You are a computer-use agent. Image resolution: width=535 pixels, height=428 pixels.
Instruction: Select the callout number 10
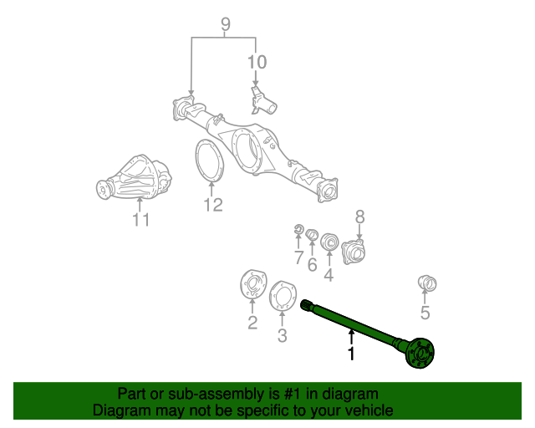[x=256, y=61]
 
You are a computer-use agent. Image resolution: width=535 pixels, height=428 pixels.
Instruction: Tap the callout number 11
[x=140, y=220]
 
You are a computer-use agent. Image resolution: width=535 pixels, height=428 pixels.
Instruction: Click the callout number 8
[x=359, y=217]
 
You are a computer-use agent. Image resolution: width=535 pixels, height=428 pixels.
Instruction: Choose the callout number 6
[x=312, y=265]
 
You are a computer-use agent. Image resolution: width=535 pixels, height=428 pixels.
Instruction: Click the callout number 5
[x=425, y=313]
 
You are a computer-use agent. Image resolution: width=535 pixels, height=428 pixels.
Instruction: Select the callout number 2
[x=252, y=323]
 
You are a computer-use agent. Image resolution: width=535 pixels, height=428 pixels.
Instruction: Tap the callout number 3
[x=282, y=335]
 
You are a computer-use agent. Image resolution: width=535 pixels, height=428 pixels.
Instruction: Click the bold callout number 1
[x=351, y=354]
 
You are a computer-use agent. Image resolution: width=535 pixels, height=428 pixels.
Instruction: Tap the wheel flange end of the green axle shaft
[x=419, y=353]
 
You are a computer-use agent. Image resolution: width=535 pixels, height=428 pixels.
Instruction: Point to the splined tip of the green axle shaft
[x=307, y=306]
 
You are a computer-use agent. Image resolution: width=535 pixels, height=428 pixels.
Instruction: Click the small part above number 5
[x=426, y=284]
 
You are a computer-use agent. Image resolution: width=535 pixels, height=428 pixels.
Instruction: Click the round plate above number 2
[x=251, y=284]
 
